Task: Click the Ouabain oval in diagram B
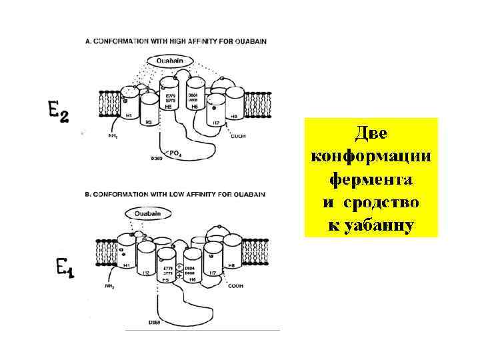(x=148, y=214)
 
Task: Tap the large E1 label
(x=65, y=269)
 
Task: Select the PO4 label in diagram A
(x=175, y=153)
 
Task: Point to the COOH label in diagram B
(x=235, y=285)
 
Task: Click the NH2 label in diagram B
(x=109, y=287)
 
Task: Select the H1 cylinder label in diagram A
(x=129, y=115)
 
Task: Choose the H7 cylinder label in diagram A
(x=215, y=122)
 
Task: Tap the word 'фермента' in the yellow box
(x=371, y=179)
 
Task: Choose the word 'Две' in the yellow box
(x=371, y=133)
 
